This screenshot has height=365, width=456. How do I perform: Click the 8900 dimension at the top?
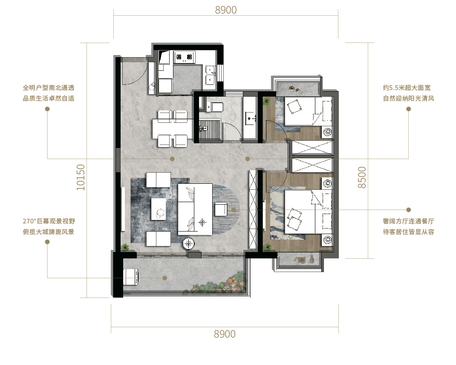coord(226,10)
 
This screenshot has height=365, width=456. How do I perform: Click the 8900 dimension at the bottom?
coord(225,334)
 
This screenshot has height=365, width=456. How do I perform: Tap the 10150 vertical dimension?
coord(81,177)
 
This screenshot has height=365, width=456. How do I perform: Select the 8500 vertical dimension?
coord(362,177)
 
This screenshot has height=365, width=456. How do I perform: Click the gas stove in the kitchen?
coord(184,57)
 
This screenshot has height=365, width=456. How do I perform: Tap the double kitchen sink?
coord(210,75)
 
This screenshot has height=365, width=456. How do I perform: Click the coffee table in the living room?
coord(159,209)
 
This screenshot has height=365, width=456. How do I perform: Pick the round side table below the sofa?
coord(189,243)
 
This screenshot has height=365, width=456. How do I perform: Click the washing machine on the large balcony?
coord(130,277)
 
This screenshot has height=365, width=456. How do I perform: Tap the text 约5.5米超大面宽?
coord(407,87)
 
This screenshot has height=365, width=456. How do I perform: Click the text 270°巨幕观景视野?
coord(49,221)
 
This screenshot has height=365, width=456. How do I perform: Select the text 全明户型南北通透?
coord(49,87)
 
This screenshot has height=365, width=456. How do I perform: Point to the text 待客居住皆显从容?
coord(408,232)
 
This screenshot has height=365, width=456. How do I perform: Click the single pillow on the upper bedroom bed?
coord(294,106)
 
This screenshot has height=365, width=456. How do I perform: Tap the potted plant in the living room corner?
coord(125,247)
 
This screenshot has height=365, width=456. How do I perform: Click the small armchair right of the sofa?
coord(221,209)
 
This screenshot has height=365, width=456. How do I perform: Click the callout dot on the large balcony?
coord(165,278)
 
